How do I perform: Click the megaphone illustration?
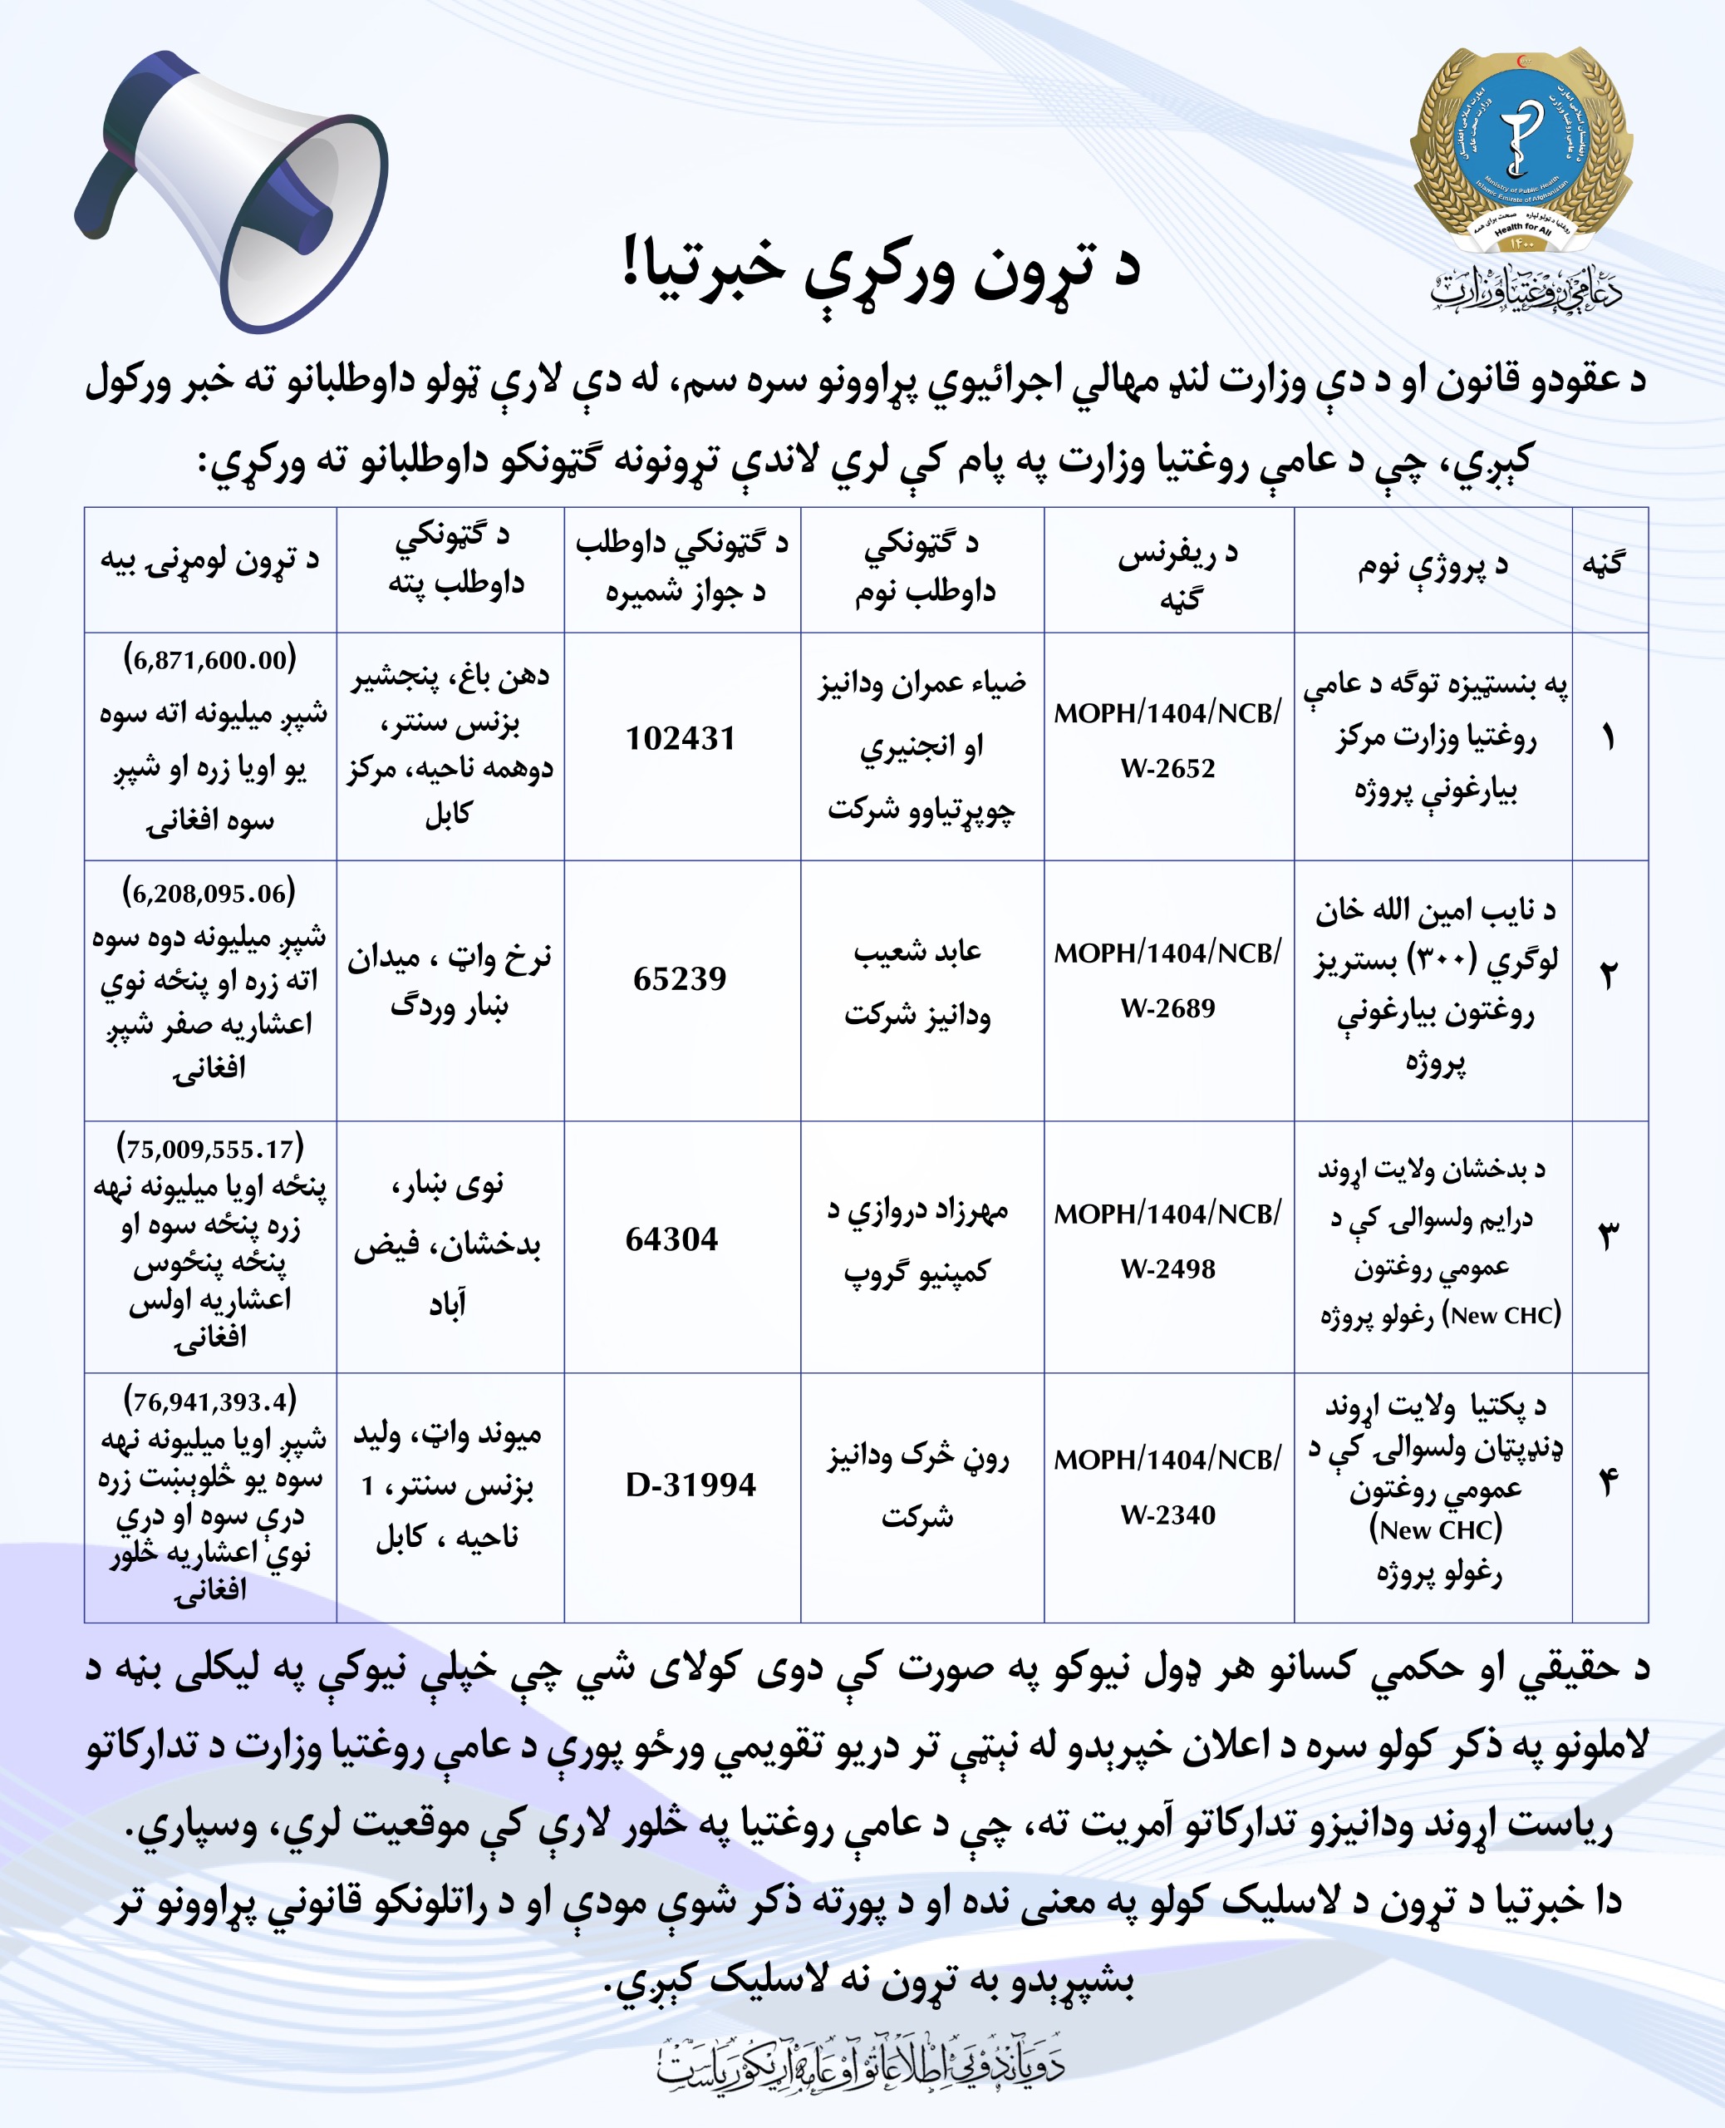click(233, 189)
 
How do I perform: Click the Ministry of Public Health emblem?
click(1521, 149)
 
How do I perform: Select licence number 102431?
click(681, 738)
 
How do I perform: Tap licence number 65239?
click(681, 979)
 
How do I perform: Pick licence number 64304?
click(671, 1239)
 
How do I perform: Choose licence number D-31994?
click(690, 1485)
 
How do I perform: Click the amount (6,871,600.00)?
click(209, 659)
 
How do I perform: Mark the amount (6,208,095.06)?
click(209, 893)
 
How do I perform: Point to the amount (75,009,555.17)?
click(209, 1149)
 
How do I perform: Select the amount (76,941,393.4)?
click(209, 1401)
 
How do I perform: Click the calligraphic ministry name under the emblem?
click(1526, 291)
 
